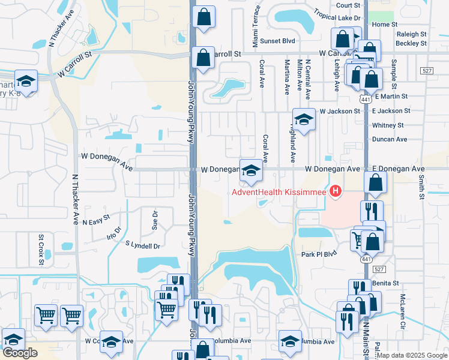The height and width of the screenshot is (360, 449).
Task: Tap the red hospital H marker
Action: [336, 192]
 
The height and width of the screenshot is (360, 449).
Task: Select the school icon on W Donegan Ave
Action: [251, 170]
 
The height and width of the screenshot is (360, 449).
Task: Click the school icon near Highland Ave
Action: [304, 119]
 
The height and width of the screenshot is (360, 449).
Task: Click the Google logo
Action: [19, 353]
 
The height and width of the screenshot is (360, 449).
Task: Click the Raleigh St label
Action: [411, 35]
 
